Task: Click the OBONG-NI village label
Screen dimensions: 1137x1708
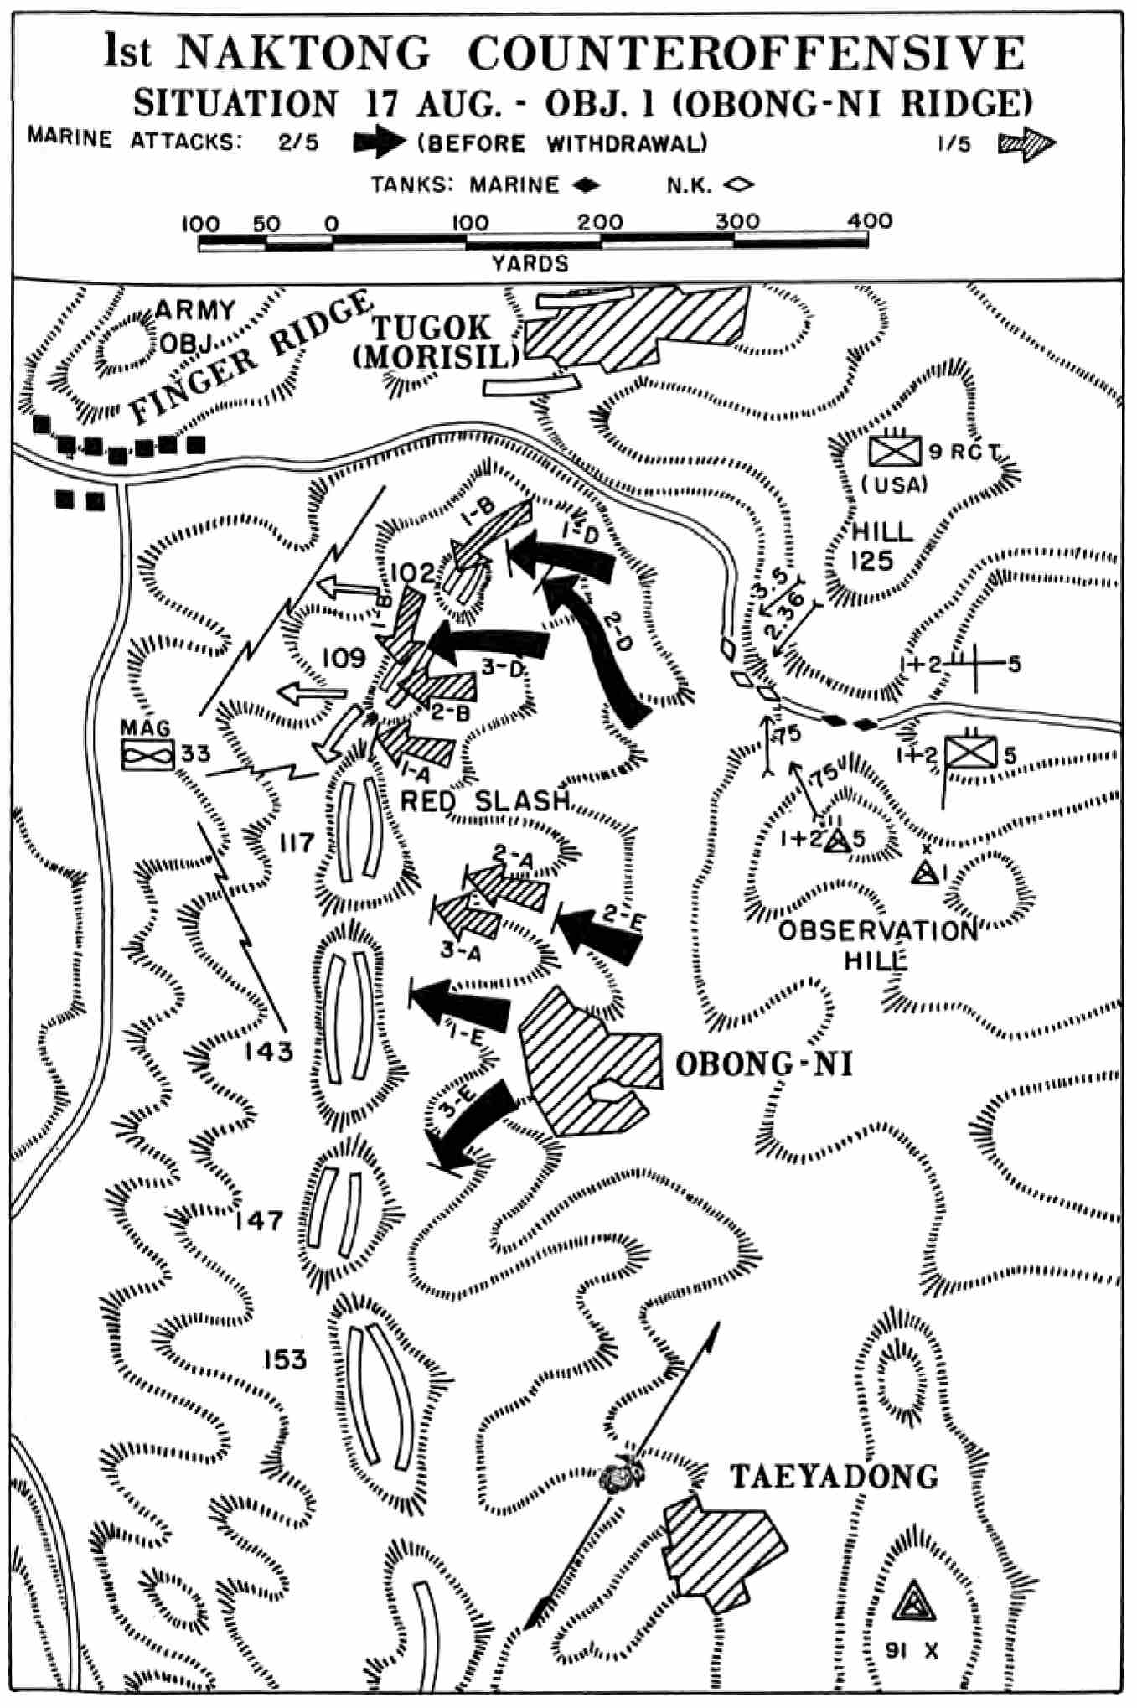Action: click(x=763, y=1064)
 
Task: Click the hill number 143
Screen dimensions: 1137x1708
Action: click(x=269, y=1050)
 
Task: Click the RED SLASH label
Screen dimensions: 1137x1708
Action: click(x=485, y=800)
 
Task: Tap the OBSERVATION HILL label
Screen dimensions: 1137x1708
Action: click(x=877, y=945)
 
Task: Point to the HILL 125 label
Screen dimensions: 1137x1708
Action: click(x=881, y=546)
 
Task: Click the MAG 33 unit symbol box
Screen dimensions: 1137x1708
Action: click(x=147, y=754)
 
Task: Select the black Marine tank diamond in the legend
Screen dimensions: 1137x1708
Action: click(x=583, y=184)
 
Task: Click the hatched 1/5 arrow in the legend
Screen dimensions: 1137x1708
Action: click(x=1026, y=142)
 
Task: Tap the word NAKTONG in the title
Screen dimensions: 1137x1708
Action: click(x=303, y=54)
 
